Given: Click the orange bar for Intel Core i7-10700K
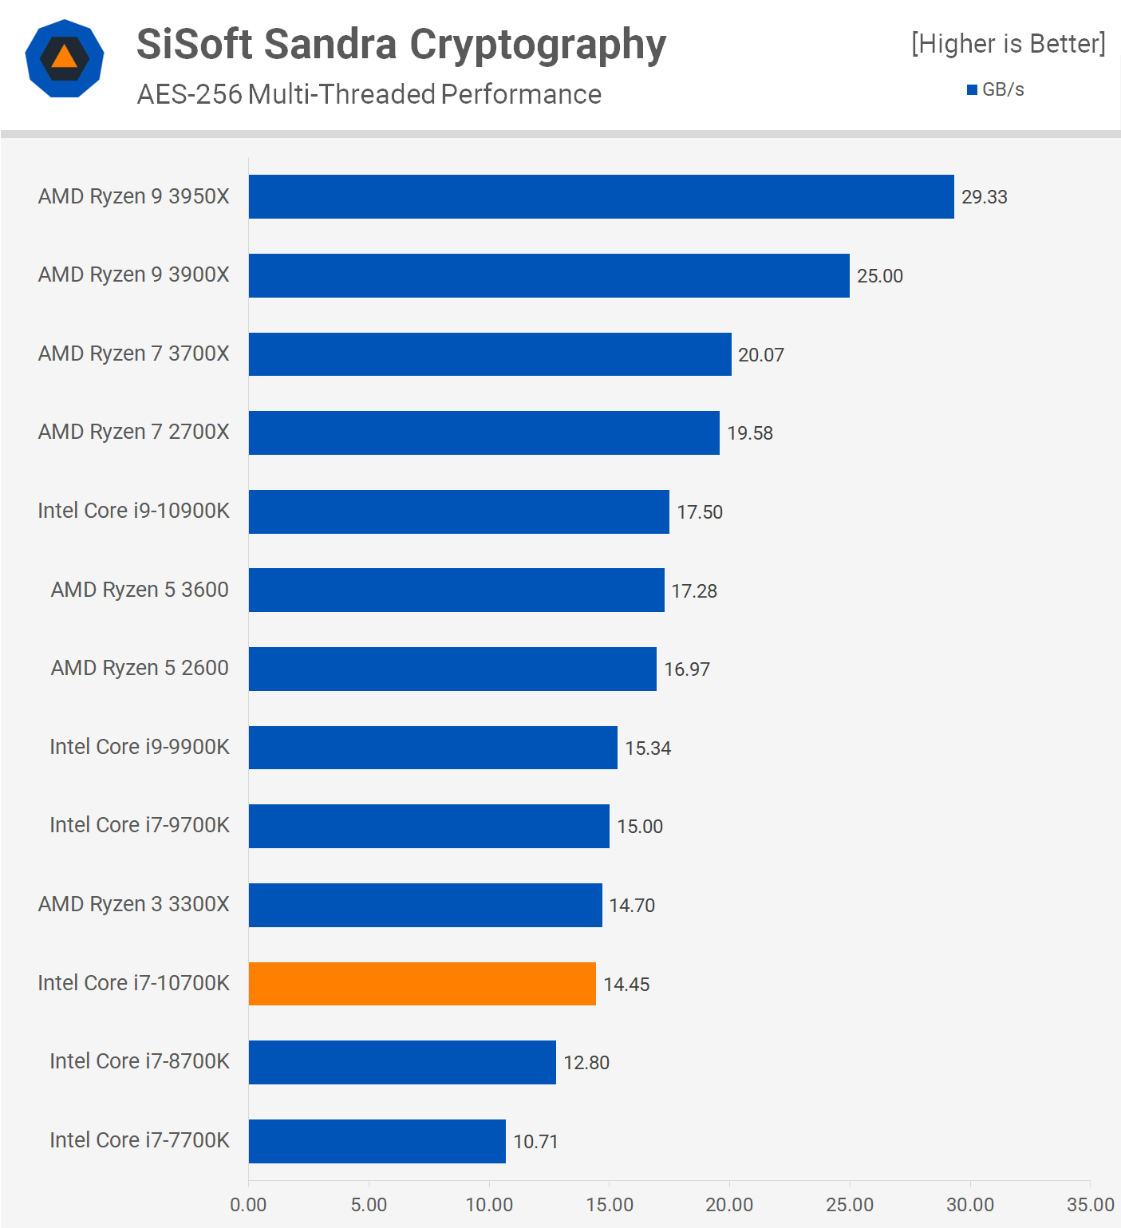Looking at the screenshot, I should pos(422,984).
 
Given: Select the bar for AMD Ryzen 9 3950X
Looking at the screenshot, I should pos(601,196).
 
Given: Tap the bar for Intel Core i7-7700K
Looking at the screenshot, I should pos(377,1141).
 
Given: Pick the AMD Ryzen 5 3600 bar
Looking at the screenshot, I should pos(456,590).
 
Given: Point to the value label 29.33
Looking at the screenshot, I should pos(984,197).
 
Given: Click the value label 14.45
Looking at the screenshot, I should pos(626,985).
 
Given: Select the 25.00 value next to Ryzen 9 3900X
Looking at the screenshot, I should pos(879,276).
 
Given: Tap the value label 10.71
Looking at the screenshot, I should pos(535,1142).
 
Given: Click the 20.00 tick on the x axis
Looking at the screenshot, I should pos(729,1205).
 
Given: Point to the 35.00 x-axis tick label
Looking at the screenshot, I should pos(1090,1205).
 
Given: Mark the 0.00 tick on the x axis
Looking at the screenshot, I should pos(248,1205).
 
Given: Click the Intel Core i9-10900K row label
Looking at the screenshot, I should pos(133,511).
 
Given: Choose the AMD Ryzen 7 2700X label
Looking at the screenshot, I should pos(133,432).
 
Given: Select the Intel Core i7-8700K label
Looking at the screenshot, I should pos(139,1061).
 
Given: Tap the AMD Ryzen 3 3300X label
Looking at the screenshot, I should pos(133,904).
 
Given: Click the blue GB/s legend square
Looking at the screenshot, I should pos(972,90).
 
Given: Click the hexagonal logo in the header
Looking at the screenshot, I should pos(65,58).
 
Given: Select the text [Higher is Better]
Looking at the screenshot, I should pos(1009,44).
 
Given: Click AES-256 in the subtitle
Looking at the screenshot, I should pos(189,94).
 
